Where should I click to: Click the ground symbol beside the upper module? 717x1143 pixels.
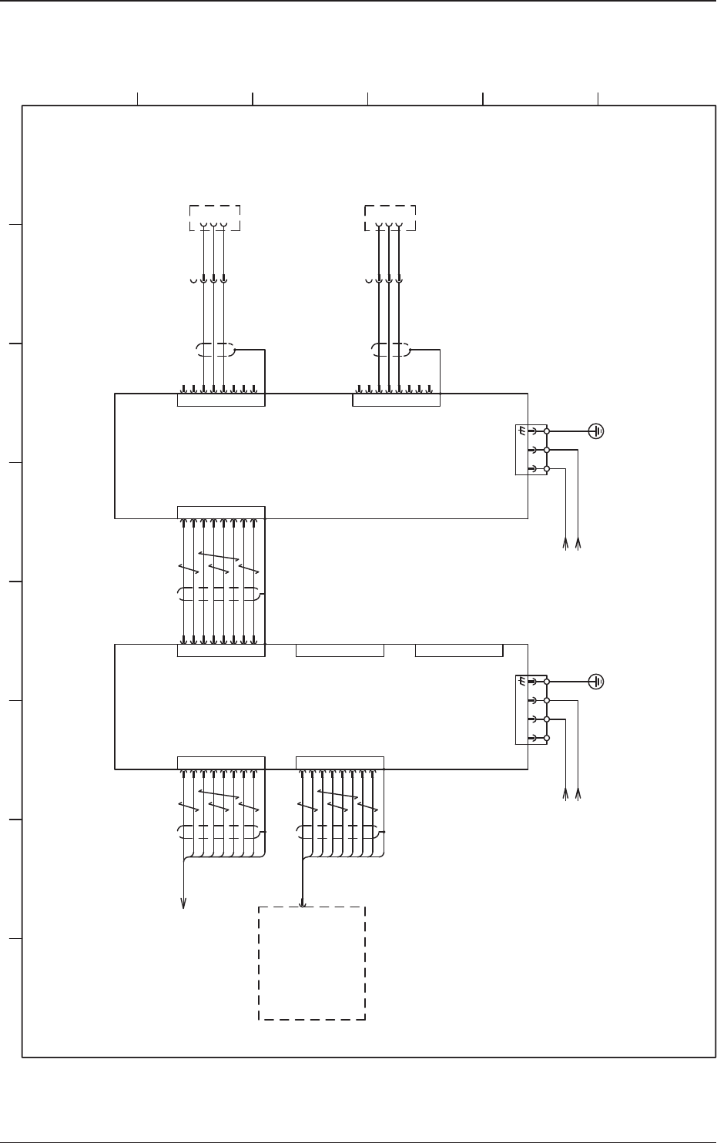coord(597,431)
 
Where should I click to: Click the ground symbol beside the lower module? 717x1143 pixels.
coord(597,682)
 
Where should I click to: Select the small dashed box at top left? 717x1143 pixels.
coord(215,218)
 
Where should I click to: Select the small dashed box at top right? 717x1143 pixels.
coord(390,218)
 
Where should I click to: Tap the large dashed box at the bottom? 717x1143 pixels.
coord(311,963)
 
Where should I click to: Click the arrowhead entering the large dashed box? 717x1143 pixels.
coord(302,902)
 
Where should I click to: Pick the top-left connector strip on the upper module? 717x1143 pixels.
coord(221,400)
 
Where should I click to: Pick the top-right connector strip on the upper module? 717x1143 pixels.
coord(396,400)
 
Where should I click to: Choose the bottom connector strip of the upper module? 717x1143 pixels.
coord(221,512)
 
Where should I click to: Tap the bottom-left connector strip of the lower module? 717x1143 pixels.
coord(221,763)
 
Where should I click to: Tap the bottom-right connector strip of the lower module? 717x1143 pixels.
coord(340,763)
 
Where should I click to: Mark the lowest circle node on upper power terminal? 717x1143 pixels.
coord(547,468)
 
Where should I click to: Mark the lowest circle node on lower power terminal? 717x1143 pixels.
coord(547,738)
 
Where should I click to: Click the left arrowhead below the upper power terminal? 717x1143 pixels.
coord(566,544)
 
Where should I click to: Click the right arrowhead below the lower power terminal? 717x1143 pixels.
coord(578,794)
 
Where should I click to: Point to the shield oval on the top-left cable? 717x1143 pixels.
coord(215,350)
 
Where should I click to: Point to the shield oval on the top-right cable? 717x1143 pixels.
coord(390,350)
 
